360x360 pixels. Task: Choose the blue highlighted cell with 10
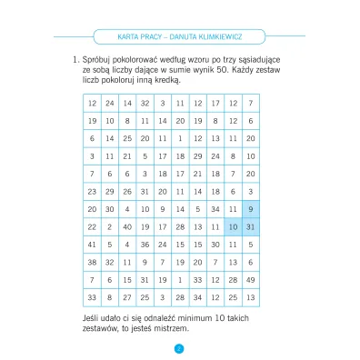click(x=233, y=226)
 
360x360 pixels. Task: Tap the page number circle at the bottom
click(x=179, y=346)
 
